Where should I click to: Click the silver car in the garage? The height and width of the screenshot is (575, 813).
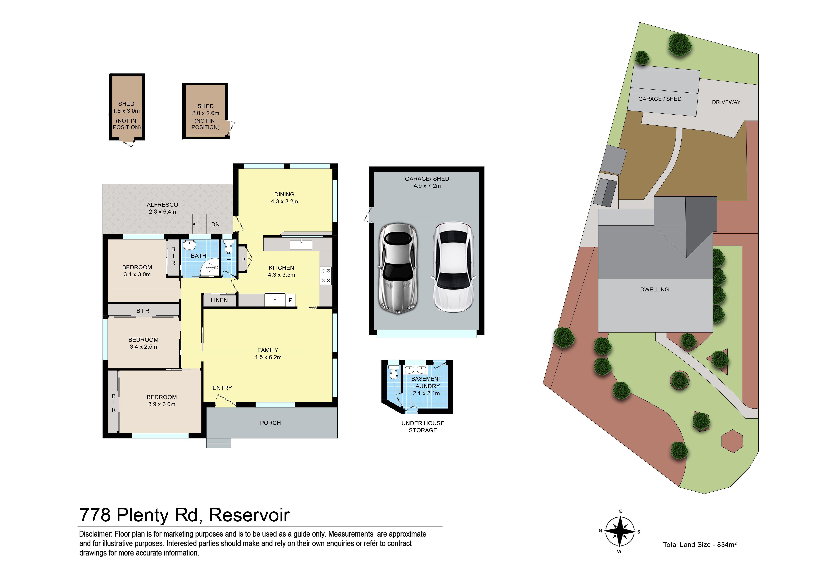[x=398, y=268]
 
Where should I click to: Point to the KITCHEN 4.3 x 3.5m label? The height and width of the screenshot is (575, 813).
[x=282, y=271]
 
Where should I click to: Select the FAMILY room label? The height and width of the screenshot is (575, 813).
[x=268, y=353]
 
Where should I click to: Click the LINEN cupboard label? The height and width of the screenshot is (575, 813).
[x=219, y=300]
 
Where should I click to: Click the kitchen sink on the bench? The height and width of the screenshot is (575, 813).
[x=301, y=245]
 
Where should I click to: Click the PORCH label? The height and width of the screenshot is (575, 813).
[x=270, y=423]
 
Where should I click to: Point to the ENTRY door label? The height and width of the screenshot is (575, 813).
[x=222, y=388]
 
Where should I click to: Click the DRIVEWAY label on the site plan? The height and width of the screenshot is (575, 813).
[x=726, y=102]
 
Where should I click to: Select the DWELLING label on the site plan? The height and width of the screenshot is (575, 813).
[x=654, y=290]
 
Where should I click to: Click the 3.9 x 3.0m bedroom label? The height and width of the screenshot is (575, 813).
[x=162, y=401]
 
